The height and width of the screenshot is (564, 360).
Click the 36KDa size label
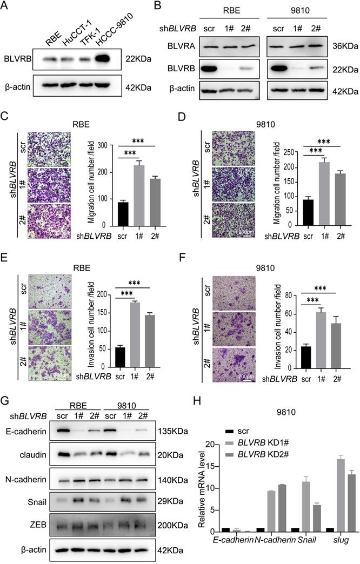345,47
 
